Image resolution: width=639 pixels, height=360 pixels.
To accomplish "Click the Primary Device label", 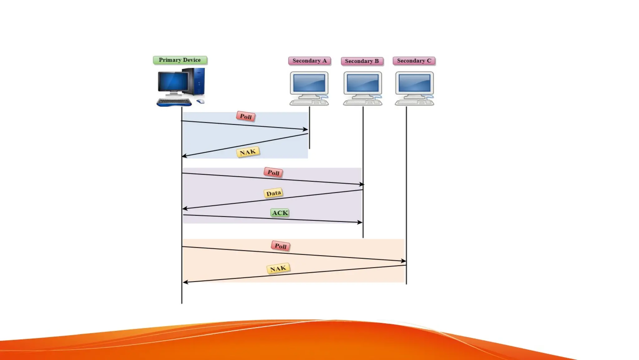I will (180, 60).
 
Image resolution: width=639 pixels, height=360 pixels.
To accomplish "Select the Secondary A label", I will (309, 61).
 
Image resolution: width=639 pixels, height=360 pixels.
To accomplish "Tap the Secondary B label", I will (362, 61).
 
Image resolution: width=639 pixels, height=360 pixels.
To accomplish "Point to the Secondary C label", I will (414, 61).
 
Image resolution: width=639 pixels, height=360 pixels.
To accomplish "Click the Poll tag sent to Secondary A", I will (246, 117).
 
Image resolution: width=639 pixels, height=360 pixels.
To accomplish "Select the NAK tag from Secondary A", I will (248, 152).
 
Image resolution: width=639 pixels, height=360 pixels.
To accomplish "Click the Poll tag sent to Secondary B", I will (273, 172).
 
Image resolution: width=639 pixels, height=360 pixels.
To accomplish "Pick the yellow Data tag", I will (274, 193).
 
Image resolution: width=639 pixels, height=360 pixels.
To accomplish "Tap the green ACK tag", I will (280, 213).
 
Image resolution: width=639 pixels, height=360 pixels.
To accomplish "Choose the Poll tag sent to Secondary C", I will (280, 246).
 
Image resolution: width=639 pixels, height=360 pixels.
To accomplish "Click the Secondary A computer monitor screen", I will (309, 82).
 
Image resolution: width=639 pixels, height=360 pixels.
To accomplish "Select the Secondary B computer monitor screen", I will (363, 82).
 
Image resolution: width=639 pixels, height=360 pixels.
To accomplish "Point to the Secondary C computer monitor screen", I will (414, 82).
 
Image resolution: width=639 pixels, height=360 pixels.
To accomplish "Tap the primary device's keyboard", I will (174, 102).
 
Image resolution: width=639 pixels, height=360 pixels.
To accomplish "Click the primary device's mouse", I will (200, 101).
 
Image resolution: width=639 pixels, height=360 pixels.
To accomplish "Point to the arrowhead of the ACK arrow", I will (361, 222).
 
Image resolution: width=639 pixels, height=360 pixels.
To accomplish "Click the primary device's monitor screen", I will (173, 81).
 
